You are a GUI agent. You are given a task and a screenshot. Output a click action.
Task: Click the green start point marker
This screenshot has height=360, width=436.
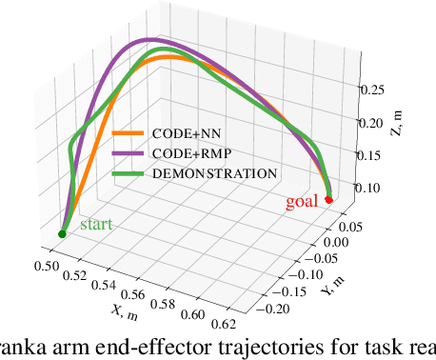pos(62,233)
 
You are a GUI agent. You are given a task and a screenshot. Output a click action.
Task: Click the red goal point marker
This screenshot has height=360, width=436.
pos(328,200)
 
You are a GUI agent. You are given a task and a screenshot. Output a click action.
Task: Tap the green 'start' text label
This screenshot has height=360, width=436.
pos(95,224)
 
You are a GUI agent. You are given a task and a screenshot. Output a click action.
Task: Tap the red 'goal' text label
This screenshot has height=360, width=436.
pos(303,202)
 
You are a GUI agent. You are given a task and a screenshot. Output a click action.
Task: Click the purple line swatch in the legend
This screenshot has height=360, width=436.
pos(127,153)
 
